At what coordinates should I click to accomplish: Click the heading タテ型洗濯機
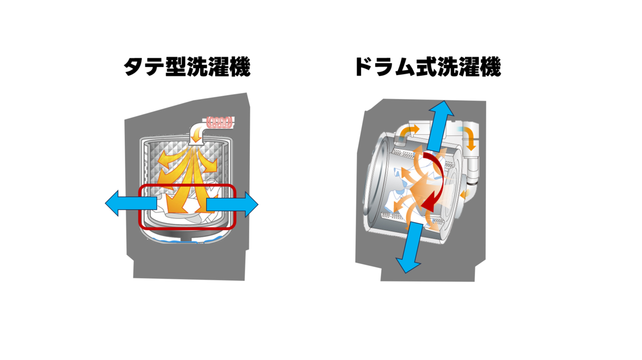(x=187, y=67)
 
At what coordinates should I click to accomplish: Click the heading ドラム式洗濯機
(x=428, y=67)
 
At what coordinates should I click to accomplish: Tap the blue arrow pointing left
(x=131, y=203)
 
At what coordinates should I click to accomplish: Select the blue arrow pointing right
(x=232, y=205)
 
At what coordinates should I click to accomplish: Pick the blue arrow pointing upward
(x=440, y=126)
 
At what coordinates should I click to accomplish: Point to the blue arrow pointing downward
(x=409, y=247)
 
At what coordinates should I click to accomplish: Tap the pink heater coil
(x=219, y=122)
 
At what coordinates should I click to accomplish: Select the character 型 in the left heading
(x=176, y=67)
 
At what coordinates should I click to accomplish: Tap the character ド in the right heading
(x=364, y=67)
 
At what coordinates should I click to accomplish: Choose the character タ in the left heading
(x=134, y=67)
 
